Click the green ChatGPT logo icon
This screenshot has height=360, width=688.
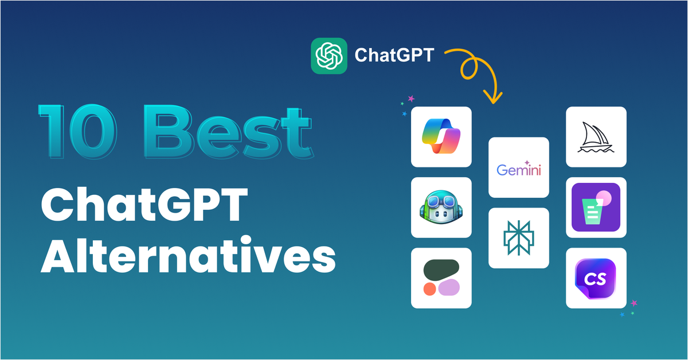point(329,56)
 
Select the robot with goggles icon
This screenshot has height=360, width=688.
point(441,208)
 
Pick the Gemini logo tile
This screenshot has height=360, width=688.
point(519,167)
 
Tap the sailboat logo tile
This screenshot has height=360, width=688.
point(596,136)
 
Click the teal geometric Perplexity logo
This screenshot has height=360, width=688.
point(519,238)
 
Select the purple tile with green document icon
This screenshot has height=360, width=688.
point(596,207)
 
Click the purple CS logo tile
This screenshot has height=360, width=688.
point(596,278)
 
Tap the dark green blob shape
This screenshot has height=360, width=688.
point(441,269)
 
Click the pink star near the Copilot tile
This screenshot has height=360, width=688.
point(411,99)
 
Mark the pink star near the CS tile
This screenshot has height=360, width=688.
point(634,303)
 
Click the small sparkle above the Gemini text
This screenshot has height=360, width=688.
point(526,162)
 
